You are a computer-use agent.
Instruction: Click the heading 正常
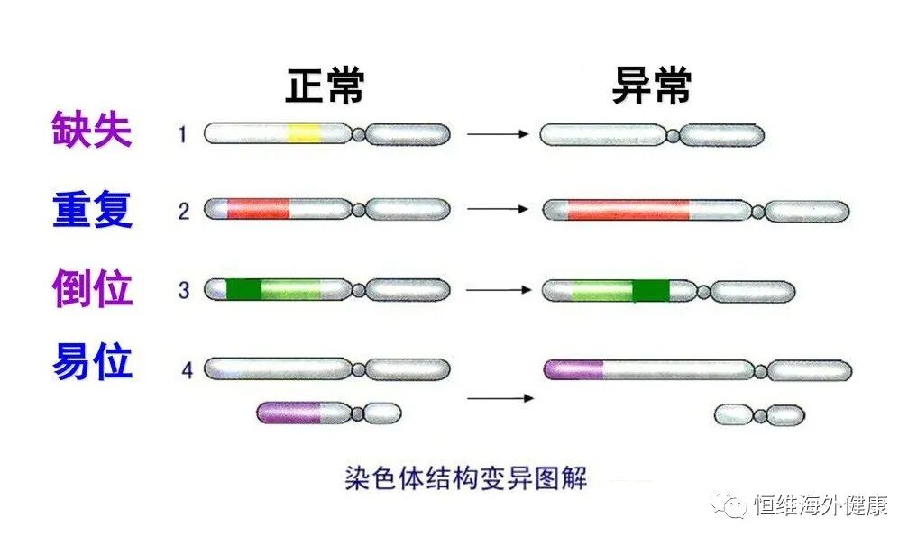[326, 87]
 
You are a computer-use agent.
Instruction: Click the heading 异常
[652, 87]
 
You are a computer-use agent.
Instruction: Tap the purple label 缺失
[92, 131]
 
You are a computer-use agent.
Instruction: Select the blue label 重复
[92, 209]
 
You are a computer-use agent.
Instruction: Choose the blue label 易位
[92, 362]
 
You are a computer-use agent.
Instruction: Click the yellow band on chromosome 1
[304, 134]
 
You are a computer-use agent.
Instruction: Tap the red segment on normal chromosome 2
[258, 210]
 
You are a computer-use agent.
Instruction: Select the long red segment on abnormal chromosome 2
[628, 211]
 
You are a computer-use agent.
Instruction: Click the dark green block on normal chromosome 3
[243, 290]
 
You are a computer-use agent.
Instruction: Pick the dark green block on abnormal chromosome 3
[651, 291]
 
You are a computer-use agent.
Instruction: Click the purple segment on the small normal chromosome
[289, 413]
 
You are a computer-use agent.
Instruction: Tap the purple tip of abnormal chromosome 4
[574, 369]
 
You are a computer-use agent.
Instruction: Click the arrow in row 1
[497, 134]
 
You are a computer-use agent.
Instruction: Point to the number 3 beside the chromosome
[184, 291]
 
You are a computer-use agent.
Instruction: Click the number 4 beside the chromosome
[187, 370]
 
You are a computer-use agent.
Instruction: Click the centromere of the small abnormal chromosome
[760, 415]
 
